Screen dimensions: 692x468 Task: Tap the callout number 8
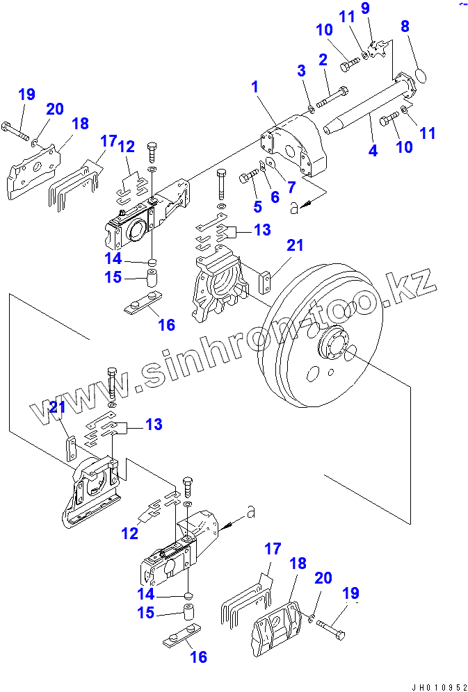405,27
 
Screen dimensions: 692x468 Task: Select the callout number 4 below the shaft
373,149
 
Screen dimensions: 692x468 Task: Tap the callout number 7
291,186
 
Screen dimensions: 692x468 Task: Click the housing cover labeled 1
292,149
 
